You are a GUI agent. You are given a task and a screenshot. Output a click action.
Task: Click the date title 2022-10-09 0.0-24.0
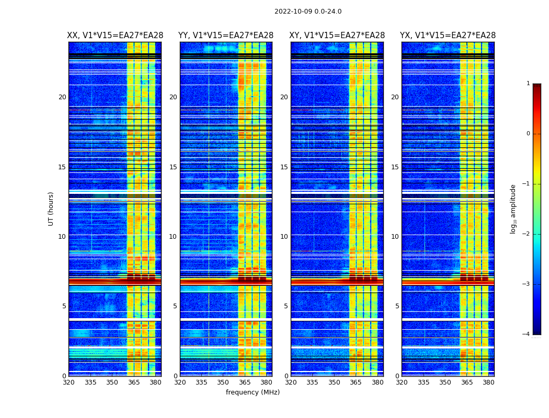308,11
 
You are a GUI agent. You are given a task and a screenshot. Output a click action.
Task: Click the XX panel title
115,36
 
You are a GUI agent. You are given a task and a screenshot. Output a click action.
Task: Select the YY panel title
226,36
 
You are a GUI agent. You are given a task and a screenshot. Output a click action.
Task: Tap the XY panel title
337,36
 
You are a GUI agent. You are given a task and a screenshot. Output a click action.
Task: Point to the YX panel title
448,36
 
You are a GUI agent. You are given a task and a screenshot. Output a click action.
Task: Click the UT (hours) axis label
51,208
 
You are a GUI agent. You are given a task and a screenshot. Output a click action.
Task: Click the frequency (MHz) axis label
253,392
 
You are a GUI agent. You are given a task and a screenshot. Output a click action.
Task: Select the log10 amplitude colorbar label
513,208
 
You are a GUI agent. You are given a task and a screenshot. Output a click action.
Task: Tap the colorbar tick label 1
528,84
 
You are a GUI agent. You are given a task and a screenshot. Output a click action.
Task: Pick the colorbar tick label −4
527,334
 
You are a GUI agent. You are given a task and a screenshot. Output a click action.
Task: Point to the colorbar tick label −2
527,234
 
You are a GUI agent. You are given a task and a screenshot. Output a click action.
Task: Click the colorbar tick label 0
528,134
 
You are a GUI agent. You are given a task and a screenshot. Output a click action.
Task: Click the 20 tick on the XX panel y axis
62,97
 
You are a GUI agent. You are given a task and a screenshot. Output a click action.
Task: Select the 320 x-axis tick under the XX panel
68,382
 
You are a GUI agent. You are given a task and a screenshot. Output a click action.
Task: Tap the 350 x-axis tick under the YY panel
223,382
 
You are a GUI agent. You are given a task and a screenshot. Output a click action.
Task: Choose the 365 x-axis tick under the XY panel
356,382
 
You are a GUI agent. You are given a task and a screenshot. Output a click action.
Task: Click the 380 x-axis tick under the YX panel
488,382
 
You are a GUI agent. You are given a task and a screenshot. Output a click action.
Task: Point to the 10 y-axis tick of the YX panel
395,237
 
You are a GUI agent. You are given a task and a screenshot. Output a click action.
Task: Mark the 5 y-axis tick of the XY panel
286,306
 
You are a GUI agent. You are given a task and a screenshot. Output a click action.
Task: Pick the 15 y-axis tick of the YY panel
173,167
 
